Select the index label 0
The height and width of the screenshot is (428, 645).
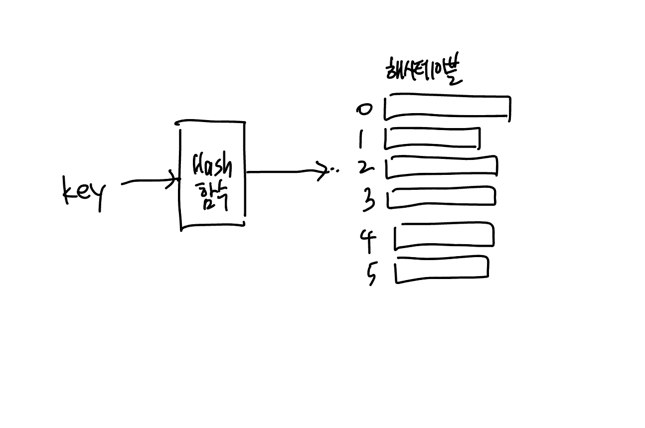[x=364, y=109]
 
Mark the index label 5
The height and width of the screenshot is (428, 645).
[x=371, y=274]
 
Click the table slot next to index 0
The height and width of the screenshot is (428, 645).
[x=447, y=107]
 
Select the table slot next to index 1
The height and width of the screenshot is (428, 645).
[x=432, y=139]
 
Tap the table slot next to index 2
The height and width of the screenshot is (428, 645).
[x=442, y=166]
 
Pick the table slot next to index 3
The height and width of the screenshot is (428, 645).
[x=442, y=196]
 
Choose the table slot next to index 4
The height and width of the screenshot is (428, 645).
[x=444, y=235]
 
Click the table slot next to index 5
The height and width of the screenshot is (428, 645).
[x=442, y=270]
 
